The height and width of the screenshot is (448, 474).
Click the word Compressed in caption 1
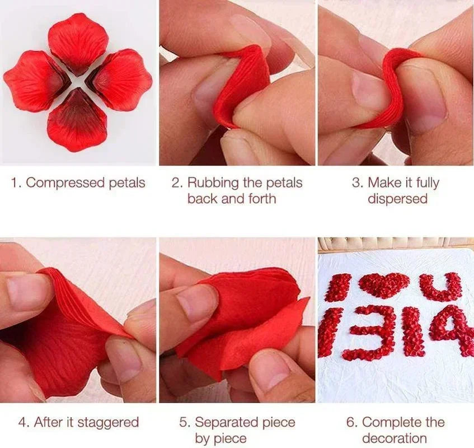point(61,183)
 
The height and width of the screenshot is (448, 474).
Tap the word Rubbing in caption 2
point(211,183)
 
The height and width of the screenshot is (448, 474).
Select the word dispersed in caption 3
point(397,198)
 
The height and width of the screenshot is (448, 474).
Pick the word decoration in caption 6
point(395,438)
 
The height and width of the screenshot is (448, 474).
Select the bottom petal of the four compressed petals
point(77,122)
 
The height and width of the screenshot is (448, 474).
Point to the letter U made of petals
point(440,286)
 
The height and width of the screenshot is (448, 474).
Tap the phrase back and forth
point(232,198)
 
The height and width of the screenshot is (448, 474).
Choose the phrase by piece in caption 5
point(221,438)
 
